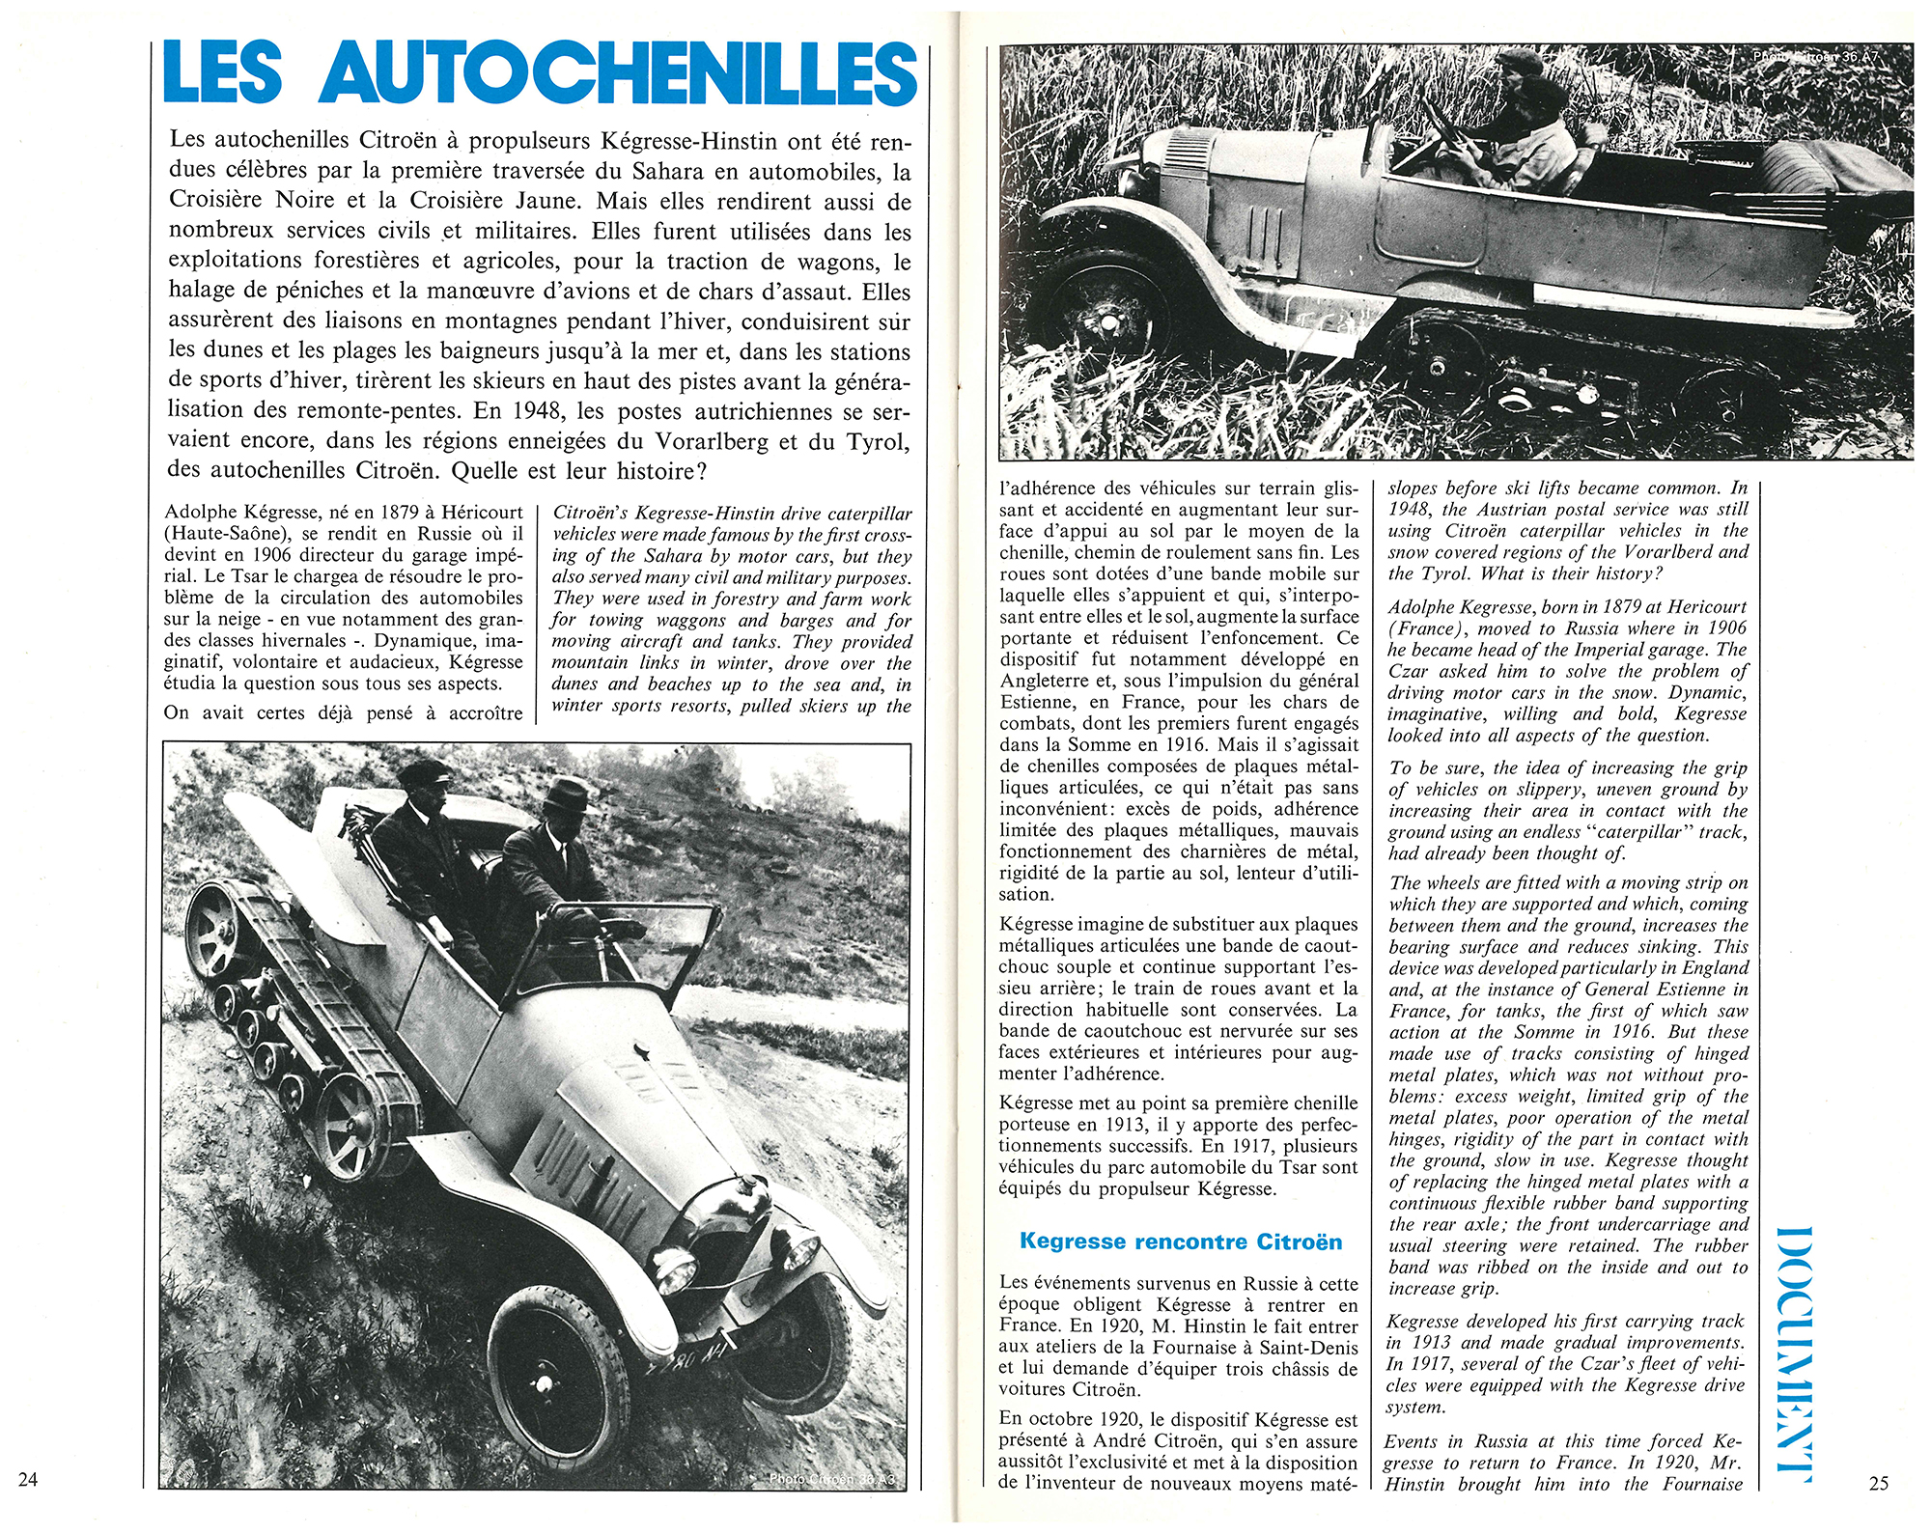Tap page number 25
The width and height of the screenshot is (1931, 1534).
pos(1879,1483)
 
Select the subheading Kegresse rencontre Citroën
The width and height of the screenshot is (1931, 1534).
pos(1180,1241)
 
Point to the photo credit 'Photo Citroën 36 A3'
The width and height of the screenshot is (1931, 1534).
pos(831,1478)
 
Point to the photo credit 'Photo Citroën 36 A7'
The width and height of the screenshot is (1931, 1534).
pos(1815,57)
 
